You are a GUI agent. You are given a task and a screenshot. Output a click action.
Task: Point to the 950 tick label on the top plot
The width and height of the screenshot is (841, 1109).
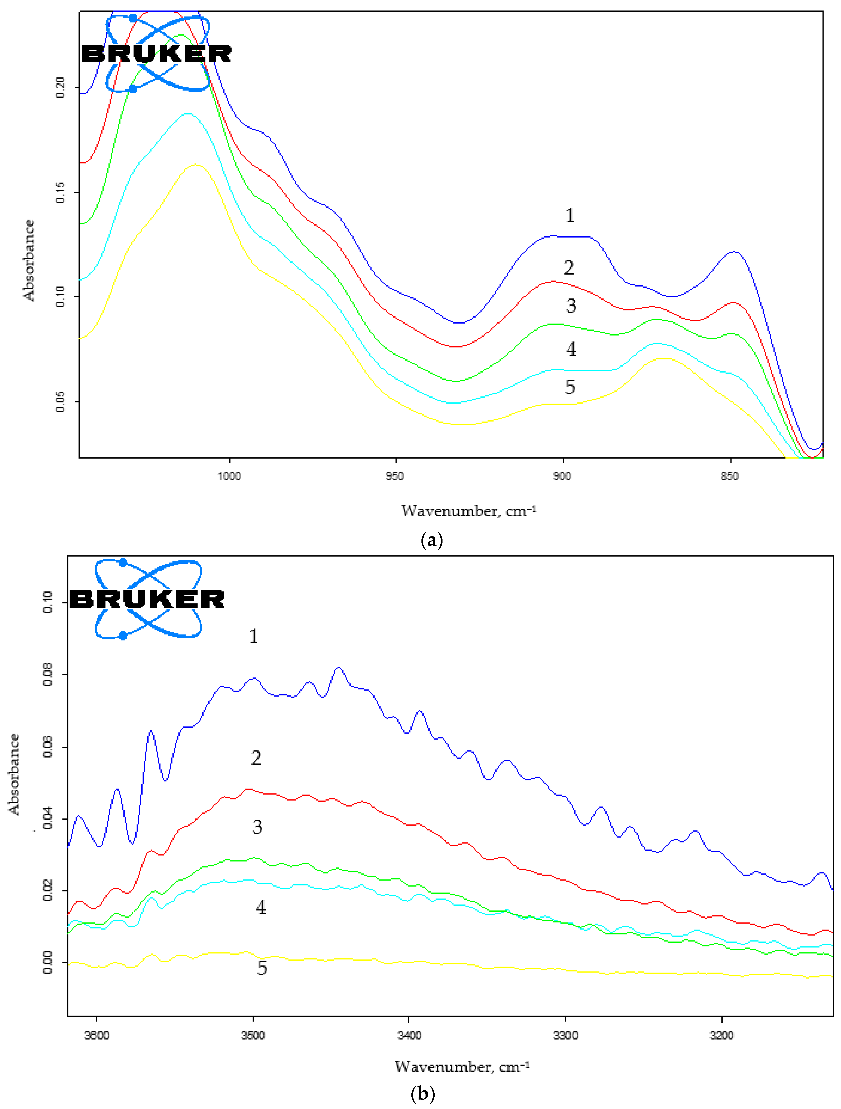[395, 476]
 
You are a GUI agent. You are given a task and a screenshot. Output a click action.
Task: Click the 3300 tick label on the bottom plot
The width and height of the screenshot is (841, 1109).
[565, 1035]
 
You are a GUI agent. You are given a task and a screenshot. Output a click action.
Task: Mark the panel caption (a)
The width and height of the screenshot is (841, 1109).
[432, 541]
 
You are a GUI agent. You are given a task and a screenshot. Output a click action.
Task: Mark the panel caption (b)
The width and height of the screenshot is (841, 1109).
[422, 1093]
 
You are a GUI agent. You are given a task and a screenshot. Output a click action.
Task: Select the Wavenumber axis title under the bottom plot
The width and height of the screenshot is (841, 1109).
[462, 1066]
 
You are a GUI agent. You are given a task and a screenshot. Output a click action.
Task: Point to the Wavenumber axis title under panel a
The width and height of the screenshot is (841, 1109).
[468, 511]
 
